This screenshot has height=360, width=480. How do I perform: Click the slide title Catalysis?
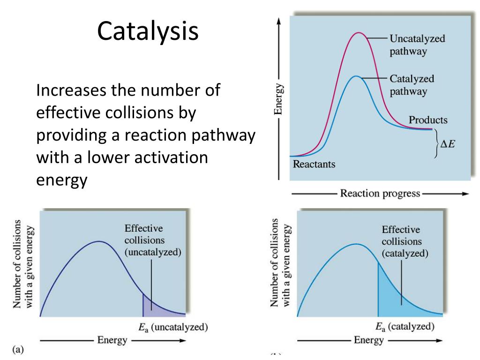(148, 31)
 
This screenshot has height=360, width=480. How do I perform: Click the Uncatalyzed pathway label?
(417, 45)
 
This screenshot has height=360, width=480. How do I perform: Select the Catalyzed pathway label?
(412, 85)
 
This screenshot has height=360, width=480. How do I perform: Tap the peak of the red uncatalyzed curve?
(359, 33)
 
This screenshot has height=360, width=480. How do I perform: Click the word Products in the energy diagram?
(428, 120)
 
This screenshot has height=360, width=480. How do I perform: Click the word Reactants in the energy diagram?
(314, 165)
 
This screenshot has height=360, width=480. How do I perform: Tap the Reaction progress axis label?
(380, 194)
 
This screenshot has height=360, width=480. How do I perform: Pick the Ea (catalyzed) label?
(405, 327)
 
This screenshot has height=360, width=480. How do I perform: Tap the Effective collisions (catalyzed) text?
(405, 241)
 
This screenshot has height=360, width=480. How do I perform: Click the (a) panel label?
(17, 349)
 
